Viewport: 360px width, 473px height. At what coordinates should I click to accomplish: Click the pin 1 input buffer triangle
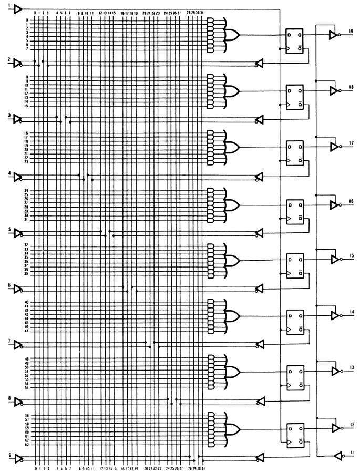pyautogui.click(x=18, y=9)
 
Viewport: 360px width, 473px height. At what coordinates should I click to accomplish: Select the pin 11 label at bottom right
pyautogui.click(x=352, y=452)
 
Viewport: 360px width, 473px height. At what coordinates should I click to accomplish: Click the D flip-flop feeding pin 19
pyautogui.click(x=294, y=40)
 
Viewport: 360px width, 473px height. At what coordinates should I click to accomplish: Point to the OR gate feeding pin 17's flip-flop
pyautogui.click(x=232, y=146)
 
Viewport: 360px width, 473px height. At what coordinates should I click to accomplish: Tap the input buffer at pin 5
pyautogui.click(x=19, y=232)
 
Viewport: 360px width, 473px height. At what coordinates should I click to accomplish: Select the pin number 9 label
pyautogui.click(x=9, y=455)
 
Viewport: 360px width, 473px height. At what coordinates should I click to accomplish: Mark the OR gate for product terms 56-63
pyautogui.click(x=232, y=427)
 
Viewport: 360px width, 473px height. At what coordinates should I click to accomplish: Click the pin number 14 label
pyautogui.click(x=352, y=312)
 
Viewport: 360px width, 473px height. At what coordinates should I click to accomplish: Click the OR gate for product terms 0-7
pyautogui.click(x=232, y=35)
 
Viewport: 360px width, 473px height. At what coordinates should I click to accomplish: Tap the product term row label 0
pyautogui.click(x=26, y=19)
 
